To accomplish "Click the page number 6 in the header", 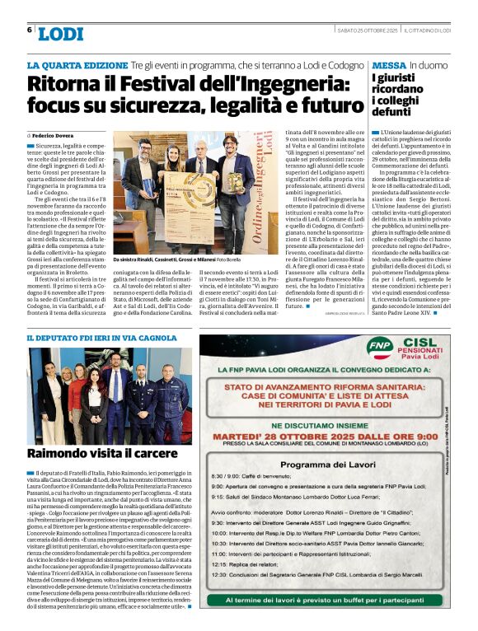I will coord(29,30).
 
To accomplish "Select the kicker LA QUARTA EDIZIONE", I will coord(77,65).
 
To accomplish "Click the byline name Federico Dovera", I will coord(53,133).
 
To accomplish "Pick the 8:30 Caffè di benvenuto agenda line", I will coord(247,477).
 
